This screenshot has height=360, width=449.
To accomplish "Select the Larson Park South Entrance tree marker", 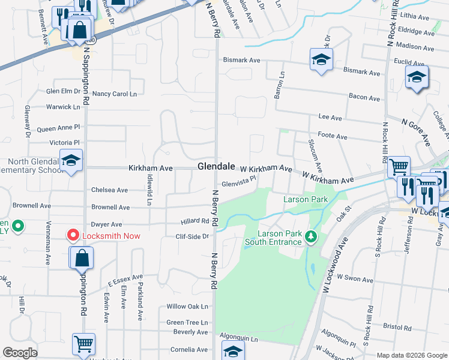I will pos(310,236).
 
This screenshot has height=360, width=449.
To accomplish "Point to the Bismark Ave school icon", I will pos(322,60).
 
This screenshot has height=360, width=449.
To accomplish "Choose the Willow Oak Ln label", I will pos(187,307).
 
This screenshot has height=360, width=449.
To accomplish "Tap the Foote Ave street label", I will pos(333,137).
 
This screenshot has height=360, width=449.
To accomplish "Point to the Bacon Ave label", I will pos(365,98).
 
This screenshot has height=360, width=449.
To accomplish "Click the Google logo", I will pos(20,353).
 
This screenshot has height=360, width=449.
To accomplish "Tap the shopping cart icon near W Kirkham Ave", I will pos(399,166).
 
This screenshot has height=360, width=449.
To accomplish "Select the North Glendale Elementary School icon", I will pos(71,161).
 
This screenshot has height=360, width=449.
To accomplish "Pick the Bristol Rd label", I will pos(397,328).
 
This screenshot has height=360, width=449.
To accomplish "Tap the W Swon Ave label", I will pos(355,280).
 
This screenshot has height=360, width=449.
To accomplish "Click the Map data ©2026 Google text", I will pos(411,355).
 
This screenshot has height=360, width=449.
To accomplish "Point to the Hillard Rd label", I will pos(194,221).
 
